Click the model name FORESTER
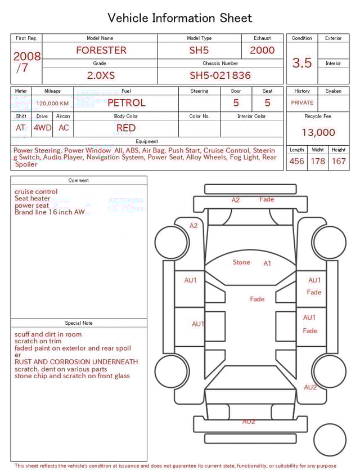tap(101, 50)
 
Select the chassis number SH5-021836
tap(220, 75)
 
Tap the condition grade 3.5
tap(302, 63)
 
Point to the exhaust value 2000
tap(262, 50)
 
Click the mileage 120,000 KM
tap(52, 104)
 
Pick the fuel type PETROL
tap(126, 103)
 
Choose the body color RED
tap(126, 128)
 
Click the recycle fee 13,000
tap(318, 133)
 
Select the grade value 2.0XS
tap(101, 75)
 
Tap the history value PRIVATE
tap(302, 103)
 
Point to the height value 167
tap(339, 162)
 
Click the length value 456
tap(296, 162)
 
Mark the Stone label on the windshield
tap(241, 262)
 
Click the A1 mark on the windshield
tap(268, 263)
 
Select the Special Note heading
tap(79, 323)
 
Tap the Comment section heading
tap(79, 181)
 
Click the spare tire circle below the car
tap(329, 441)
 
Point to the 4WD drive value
tap(42, 128)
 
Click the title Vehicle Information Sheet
tap(180, 18)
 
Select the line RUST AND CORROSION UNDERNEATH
tap(76, 362)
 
